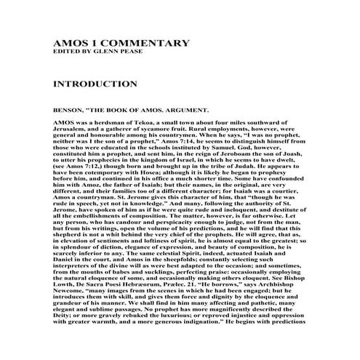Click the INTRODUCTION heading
pyautogui.click(x=95, y=84)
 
